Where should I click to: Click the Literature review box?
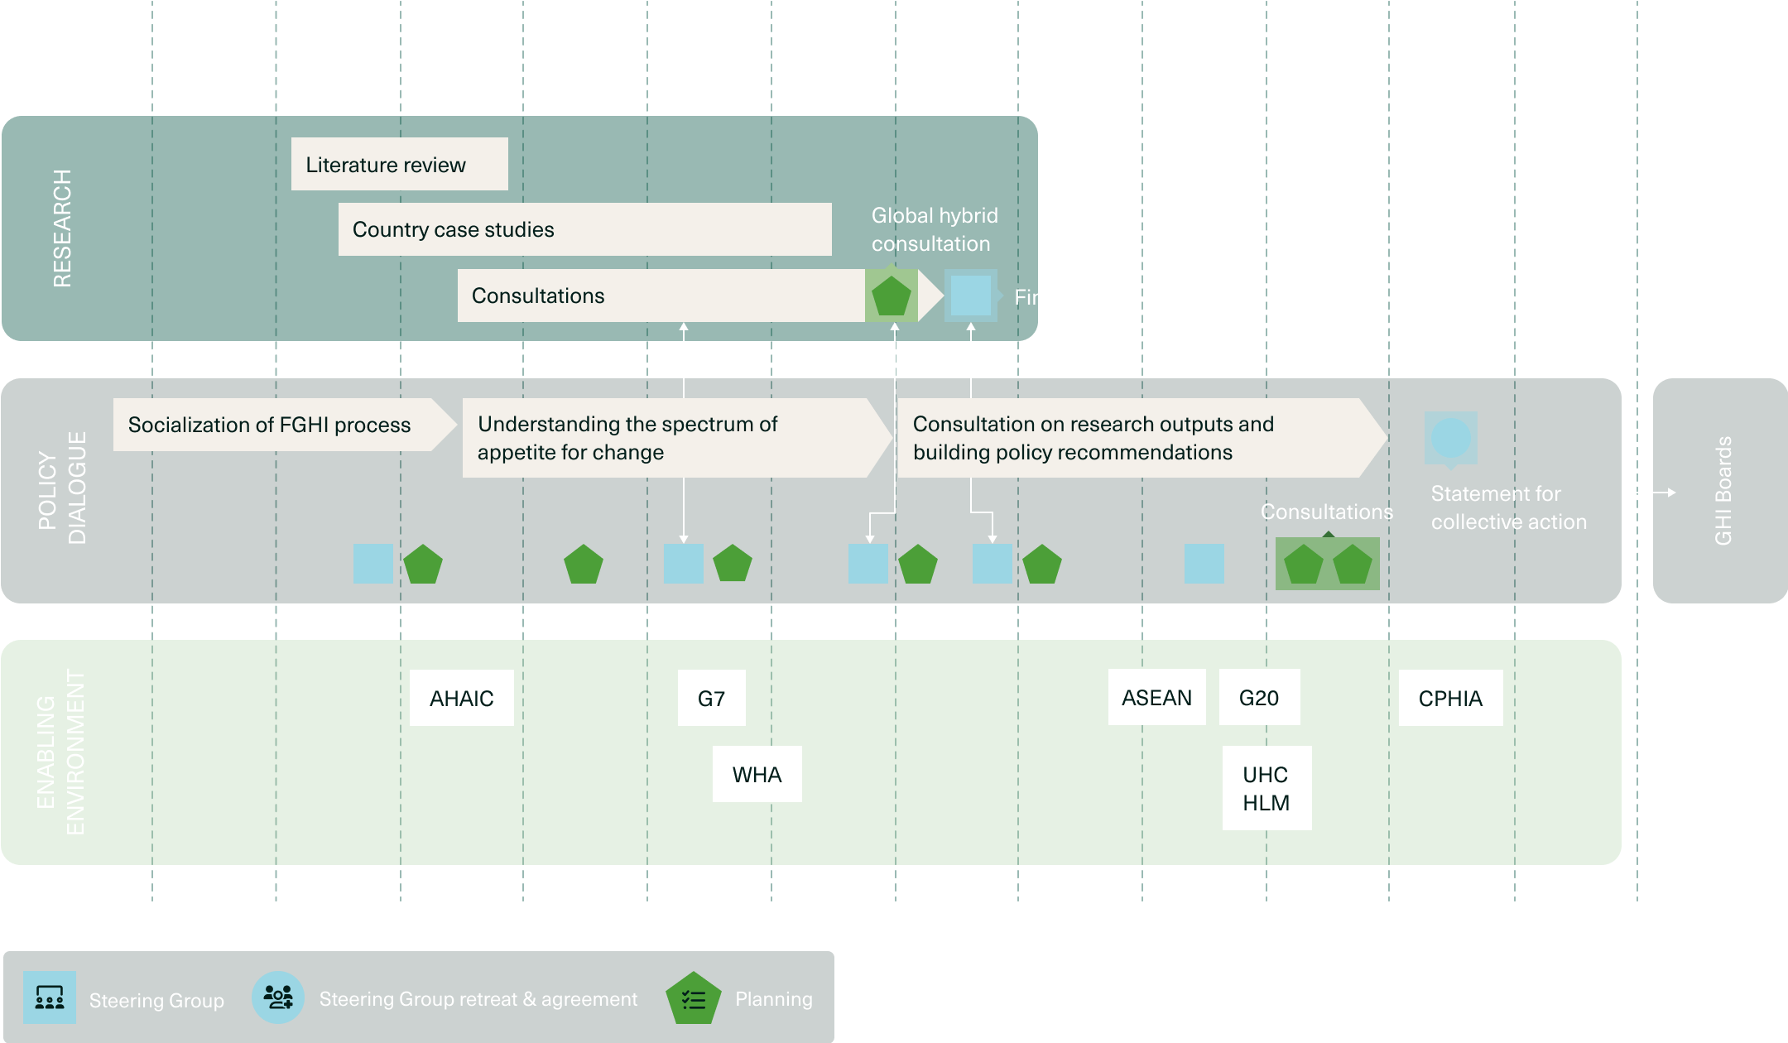pyautogui.click(x=399, y=164)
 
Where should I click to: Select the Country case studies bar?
pyautogui.click(x=584, y=229)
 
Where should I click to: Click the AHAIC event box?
pyautogui.click(x=461, y=698)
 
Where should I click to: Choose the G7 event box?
pyautogui.click(x=711, y=698)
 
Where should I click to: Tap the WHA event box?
pyautogui.click(x=757, y=774)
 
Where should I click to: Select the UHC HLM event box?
pyautogui.click(x=1266, y=788)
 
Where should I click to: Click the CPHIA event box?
pyautogui.click(x=1450, y=698)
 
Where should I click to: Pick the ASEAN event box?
pyautogui.click(x=1156, y=697)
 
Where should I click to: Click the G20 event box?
pyautogui.click(x=1259, y=697)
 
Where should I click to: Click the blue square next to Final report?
pyautogui.click(x=971, y=296)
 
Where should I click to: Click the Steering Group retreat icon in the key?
pyautogui.click(x=278, y=997)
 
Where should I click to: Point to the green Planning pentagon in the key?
pyautogui.click(x=693, y=999)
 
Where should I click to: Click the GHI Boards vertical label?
pyautogui.click(x=1723, y=491)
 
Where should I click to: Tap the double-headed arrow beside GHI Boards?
pyautogui.click(x=1648, y=493)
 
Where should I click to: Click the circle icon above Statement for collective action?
pyautogui.click(x=1450, y=437)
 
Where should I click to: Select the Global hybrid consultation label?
pyautogui.click(x=934, y=229)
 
